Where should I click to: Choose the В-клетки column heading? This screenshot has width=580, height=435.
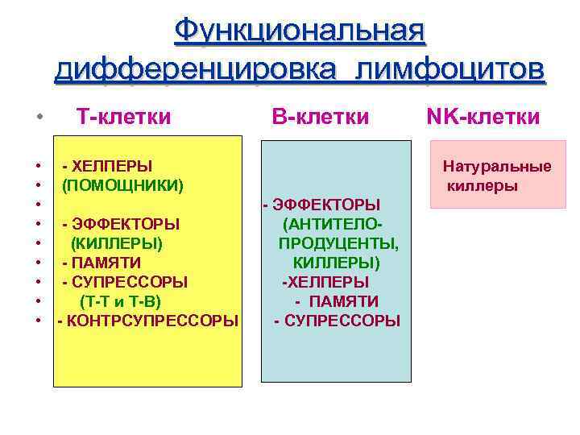tap(320, 117)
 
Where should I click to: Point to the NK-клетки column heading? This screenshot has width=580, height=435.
tap(483, 117)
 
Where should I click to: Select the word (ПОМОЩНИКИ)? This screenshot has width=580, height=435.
tap(123, 185)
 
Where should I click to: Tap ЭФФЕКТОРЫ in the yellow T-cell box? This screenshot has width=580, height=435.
tap(126, 224)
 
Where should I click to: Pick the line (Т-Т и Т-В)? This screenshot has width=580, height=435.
tap(120, 301)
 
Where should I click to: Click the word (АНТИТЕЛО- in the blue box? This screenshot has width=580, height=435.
tap(333, 224)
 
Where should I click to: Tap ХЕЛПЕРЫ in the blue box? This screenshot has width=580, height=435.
tap(328, 282)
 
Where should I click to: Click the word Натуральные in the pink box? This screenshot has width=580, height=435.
tap(497, 167)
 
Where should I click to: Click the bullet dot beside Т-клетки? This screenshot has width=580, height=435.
tap(39, 118)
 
